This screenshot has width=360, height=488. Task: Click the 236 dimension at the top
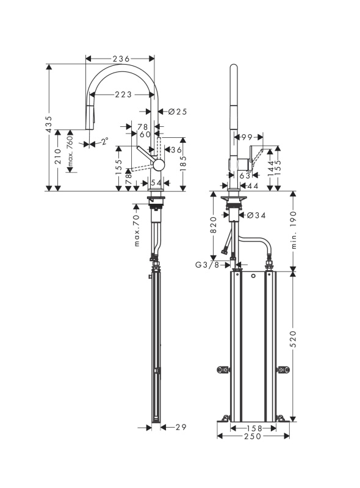(121, 59)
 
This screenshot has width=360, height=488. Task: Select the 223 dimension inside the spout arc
(123, 95)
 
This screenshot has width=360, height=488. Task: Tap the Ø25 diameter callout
(178, 111)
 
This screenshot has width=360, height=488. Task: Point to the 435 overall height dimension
(49, 124)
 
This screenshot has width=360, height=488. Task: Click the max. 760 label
(70, 151)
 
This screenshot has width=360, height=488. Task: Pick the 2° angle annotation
(104, 142)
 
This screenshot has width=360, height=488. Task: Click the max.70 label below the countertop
(137, 231)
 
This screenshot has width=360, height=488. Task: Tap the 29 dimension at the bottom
(181, 427)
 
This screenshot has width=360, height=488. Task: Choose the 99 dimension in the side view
(247, 137)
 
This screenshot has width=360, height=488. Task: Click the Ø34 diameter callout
(256, 215)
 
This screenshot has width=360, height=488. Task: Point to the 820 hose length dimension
(214, 224)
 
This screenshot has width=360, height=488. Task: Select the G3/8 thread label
(207, 265)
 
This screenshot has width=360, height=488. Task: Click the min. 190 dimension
(294, 230)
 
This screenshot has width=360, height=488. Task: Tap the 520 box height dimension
(293, 339)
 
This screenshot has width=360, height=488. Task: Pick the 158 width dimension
(253, 429)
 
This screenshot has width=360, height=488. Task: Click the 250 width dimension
(253, 436)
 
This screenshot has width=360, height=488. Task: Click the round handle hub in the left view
(159, 164)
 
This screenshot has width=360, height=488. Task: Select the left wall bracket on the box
(223, 370)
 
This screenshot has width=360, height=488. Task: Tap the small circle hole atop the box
(253, 276)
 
